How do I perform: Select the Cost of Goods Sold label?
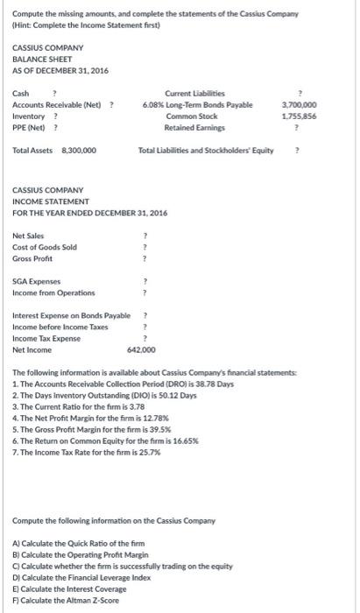point(45,247)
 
